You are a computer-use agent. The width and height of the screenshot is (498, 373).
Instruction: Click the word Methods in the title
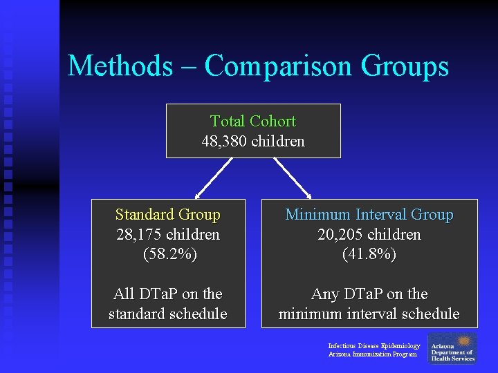pyautogui.click(x=120, y=66)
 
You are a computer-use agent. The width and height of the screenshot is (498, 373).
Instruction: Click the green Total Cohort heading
pyautogui.click(x=252, y=122)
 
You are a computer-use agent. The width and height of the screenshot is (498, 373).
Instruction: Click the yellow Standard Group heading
pyautogui.click(x=167, y=215)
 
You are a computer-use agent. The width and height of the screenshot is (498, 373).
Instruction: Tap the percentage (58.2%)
pyautogui.click(x=169, y=254)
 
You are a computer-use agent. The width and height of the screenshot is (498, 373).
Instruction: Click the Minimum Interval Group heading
pyautogui.click(x=369, y=215)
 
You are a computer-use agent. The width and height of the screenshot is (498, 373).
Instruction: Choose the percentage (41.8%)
pyautogui.click(x=369, y=254)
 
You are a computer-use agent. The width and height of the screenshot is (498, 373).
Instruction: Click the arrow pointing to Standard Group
pyautogui.click(x=209, y=179)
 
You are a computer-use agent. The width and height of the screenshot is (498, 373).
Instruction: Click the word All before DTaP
pyautogui.click(x=125, y=294)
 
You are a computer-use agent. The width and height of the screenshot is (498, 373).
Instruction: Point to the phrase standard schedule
pyautogui.click(x=167, y=314)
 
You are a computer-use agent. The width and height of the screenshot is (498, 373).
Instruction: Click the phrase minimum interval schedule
pyautogui.click(x=369, y=314)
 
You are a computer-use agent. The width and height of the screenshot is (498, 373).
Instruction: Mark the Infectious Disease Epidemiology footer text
pyautogui.click(x=373, y=345)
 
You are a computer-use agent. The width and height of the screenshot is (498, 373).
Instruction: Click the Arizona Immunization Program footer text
pyautogui.click(x=372, y=354)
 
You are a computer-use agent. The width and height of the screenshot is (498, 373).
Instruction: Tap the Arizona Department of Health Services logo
pyautogui.click(x=452, y=348)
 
